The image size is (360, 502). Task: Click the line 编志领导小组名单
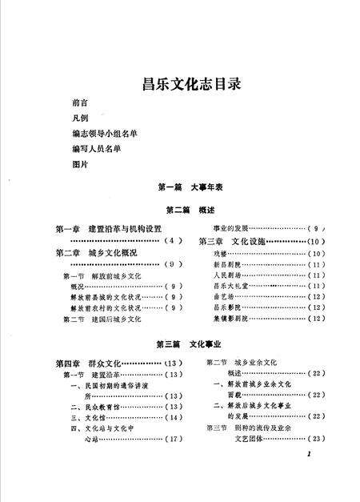click(x=98, y=134)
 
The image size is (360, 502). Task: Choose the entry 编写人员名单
click(x=94, y=149)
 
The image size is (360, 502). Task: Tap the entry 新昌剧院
click(x=226, y=264)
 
